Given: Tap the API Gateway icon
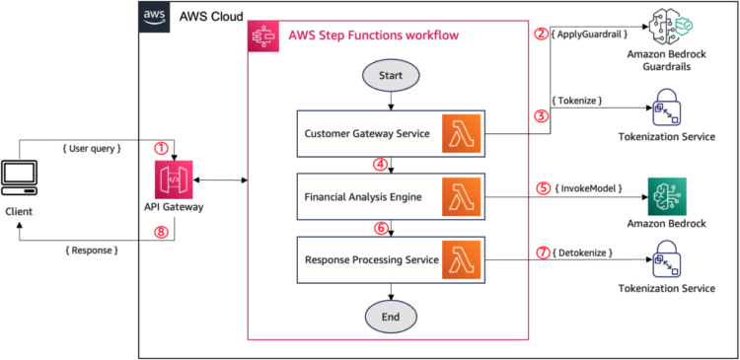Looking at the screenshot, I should pyautogui.click(x=174, y=181).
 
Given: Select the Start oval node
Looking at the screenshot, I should pyautogui.click(x=392, y=74).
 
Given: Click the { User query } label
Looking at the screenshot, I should pyautogui.click(x=92, y=148).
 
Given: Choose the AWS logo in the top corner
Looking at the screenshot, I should pyautogui.click(x=154, y=17).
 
